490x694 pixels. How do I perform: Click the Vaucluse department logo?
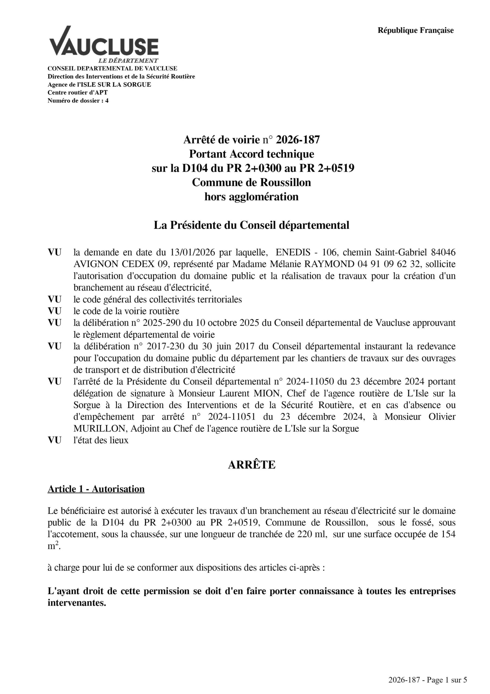point(104,44)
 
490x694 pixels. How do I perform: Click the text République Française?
point(416,31)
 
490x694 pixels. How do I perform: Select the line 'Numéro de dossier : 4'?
point(78,101)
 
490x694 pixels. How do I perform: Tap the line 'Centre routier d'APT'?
point(77,92)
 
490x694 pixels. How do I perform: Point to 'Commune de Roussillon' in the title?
point(251,182)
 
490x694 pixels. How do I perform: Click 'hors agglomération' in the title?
point(251,197)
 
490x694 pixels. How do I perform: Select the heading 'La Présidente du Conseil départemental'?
point(251,225)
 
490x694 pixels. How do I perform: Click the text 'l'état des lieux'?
point(101,441)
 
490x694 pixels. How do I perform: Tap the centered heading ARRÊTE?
point(251,465)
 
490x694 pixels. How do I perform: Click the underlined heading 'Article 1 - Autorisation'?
point(96,489)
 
